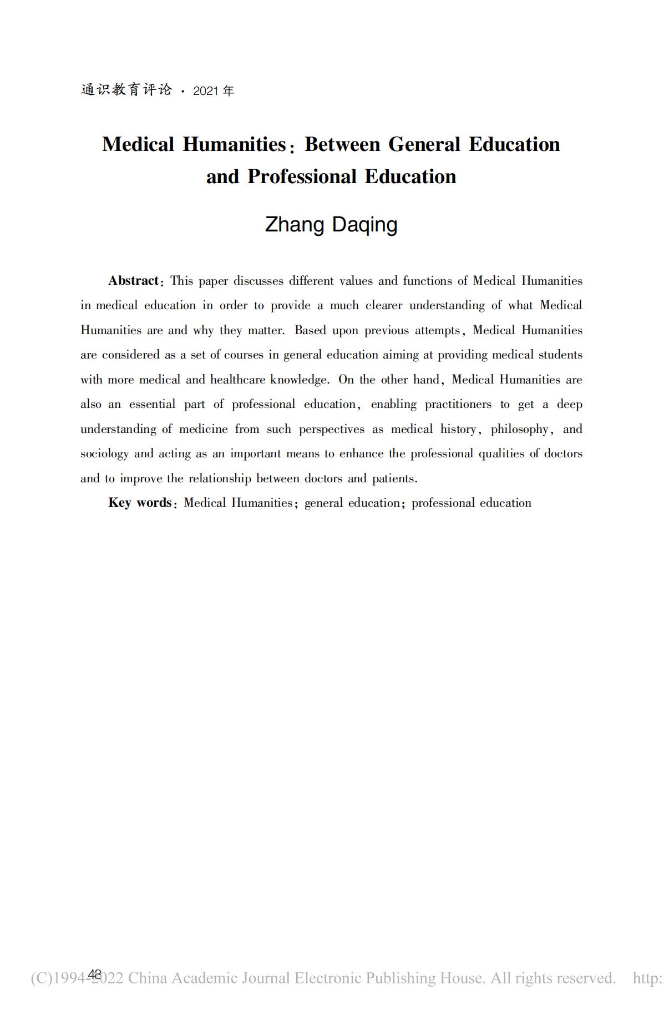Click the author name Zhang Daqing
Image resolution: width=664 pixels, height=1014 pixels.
[331, 225]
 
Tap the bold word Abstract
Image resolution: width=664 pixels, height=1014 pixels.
[133, 281]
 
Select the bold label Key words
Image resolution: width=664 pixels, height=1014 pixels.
[140, 503]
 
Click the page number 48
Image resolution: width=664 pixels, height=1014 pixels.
[95, 974]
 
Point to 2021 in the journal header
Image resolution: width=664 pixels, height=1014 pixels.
[206, 91]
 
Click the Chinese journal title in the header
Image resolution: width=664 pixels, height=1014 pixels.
[126, 90]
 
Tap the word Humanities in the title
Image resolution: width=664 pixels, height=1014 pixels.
[234, 145]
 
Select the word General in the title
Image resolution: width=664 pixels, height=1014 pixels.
[424, 145]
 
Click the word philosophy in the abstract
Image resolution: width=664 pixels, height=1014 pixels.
[519, 429]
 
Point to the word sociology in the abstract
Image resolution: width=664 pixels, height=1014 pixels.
[104, 454]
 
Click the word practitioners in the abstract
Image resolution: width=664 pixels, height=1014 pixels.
[458, 405]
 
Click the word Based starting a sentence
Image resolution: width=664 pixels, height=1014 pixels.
[310, 330]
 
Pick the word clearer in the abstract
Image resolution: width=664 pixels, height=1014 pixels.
[384, 306]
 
